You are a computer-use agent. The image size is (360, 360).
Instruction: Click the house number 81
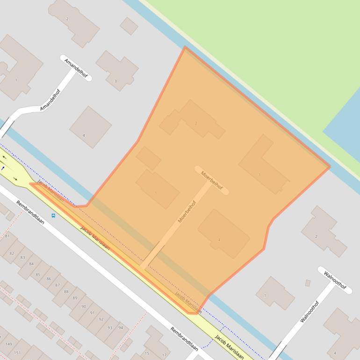coord(7,237)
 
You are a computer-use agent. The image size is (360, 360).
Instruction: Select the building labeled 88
coord(66,291)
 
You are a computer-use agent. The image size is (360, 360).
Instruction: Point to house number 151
coord(17,353)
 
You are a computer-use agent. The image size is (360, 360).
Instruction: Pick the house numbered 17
coord(164,355)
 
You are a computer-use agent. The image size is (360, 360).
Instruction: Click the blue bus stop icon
coord(53,216)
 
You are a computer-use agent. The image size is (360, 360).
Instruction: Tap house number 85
coord(38,274)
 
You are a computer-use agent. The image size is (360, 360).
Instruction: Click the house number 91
coord(93,313)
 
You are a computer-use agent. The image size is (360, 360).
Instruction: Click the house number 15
coord(147,353)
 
